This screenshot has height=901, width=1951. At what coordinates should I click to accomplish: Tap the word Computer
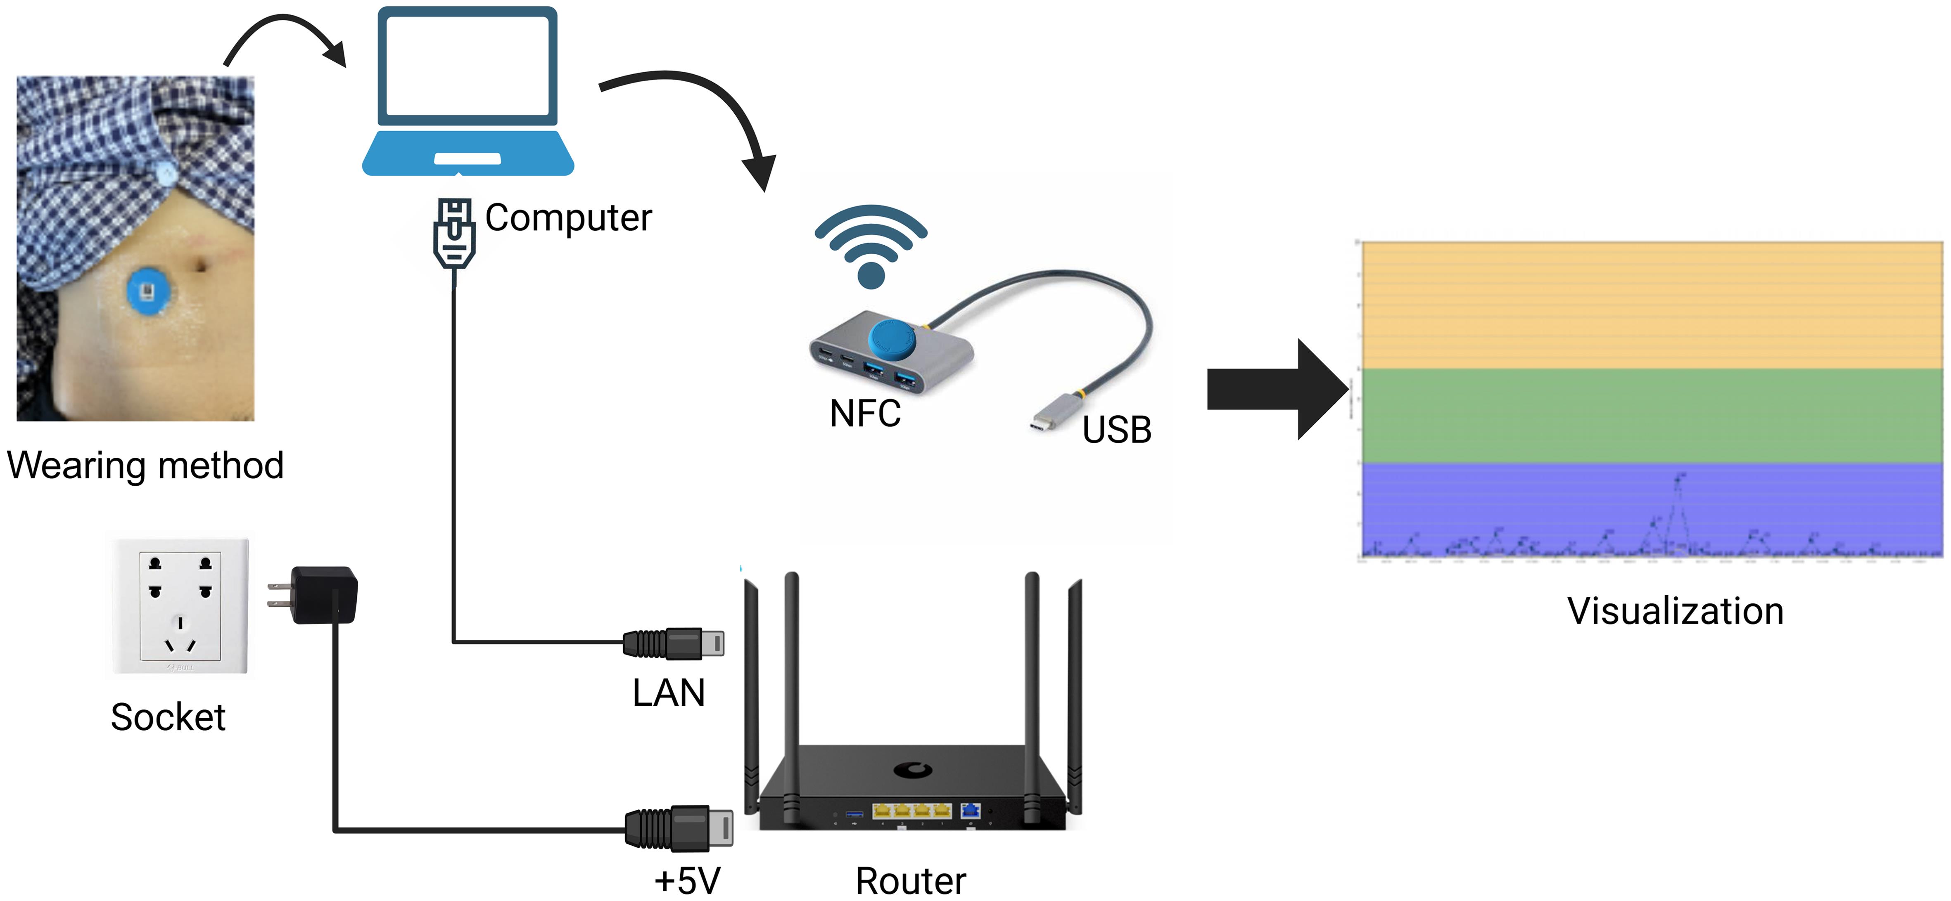coord(568,218)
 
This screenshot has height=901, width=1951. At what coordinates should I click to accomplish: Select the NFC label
coord(865,414)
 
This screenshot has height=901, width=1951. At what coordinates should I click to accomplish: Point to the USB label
coord(1116,430)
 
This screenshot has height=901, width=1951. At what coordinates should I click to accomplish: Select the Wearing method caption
coord(145,465)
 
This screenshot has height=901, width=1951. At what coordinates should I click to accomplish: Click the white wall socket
coord(180,606)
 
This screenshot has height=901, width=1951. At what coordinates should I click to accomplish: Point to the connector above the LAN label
coord(672,643)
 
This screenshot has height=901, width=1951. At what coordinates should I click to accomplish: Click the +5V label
coord(687,880)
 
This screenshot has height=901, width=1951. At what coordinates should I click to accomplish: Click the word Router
coord(910,880)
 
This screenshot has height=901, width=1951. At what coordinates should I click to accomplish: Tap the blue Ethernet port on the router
coord(970,811)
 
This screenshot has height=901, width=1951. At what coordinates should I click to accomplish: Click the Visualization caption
coord(1675,611)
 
